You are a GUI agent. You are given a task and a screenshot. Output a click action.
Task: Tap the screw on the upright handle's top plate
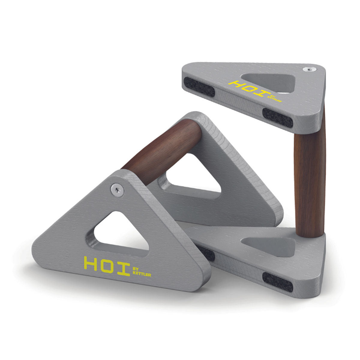click(x=309, y=70)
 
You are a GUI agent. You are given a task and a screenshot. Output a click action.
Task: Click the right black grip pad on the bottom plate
click(x=278, y=282)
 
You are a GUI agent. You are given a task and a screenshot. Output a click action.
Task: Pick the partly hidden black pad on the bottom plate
click(x=207, y=253)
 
